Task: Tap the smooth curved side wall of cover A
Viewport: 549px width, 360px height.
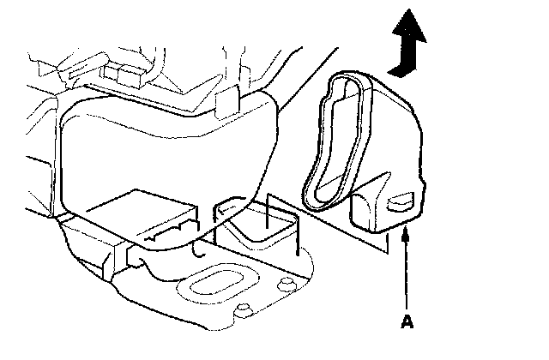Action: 395,137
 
